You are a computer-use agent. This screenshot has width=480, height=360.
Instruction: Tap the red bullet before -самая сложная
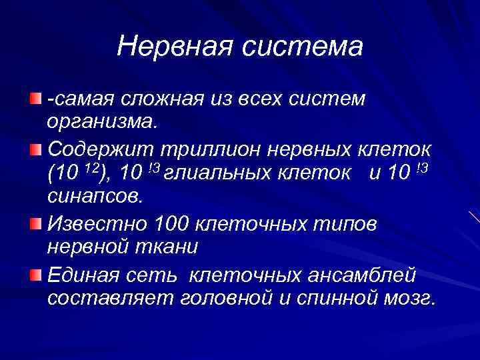pyautogui.click(x=34, y=99)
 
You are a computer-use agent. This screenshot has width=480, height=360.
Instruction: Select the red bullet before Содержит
pyautogui.click(x=34, y=148)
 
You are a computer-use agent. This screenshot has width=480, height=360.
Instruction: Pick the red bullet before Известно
pyautogui.click(x=34, y=222)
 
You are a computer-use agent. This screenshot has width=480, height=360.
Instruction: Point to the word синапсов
pyautogui.click(x=95, y=198)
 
